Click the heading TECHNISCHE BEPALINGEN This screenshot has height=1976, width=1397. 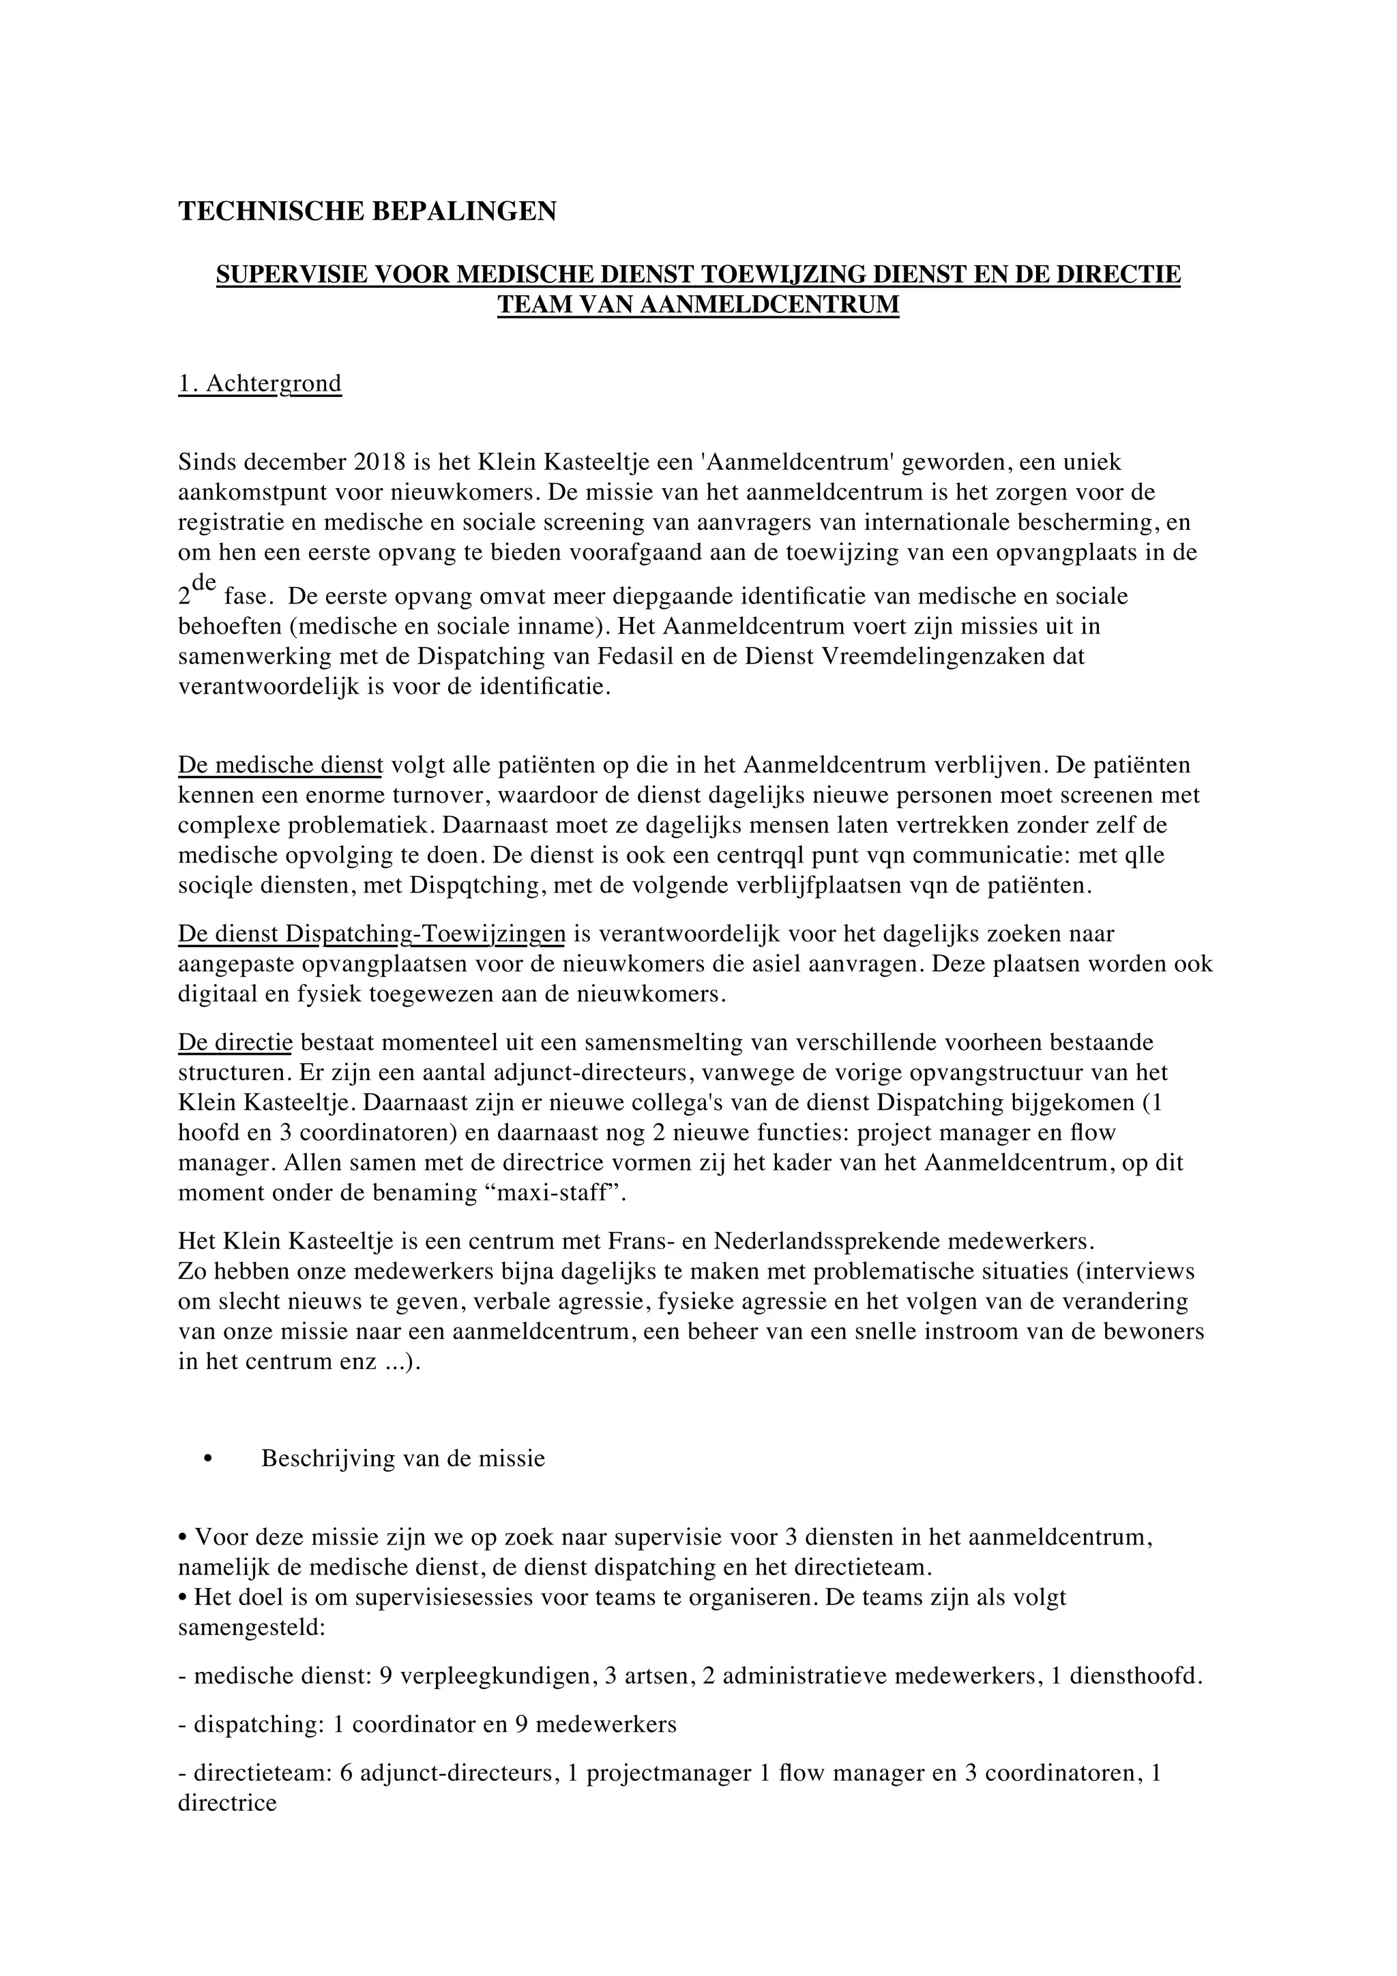click(367, 211)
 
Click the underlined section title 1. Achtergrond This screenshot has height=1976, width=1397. click(259, 384)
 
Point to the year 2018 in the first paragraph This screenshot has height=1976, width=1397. click(379, 462)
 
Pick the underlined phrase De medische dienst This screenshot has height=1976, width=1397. click(280, 765)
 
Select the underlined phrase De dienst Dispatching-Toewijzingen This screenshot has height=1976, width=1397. click(371, 933)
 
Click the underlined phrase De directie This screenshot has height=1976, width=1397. click(235, 1043)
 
